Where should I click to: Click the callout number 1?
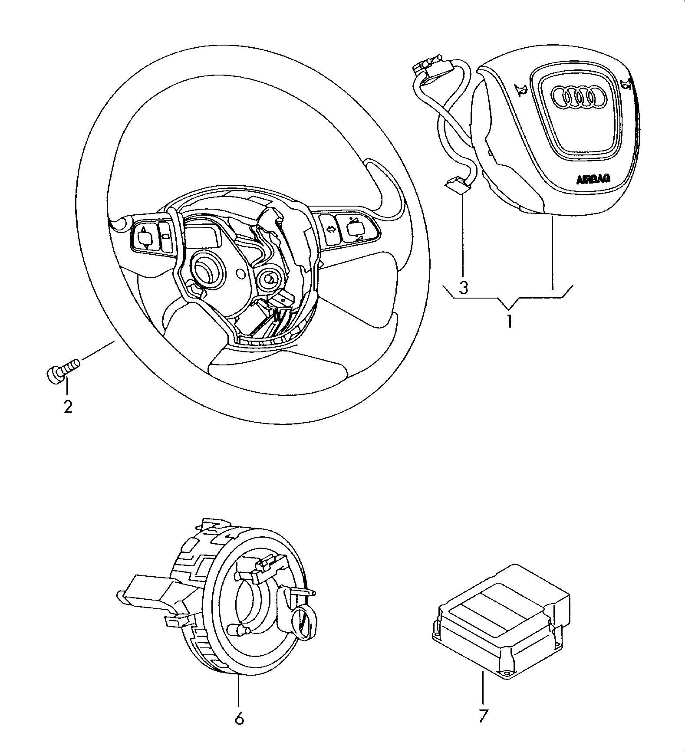tap(510, 322)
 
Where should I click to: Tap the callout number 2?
tap(68, 407)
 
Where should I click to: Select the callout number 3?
tap(464, 287)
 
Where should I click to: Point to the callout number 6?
tap(239, 719)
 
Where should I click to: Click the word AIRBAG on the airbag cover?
tap(593, 179)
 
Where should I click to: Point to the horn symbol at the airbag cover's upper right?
tap(625, 83)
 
